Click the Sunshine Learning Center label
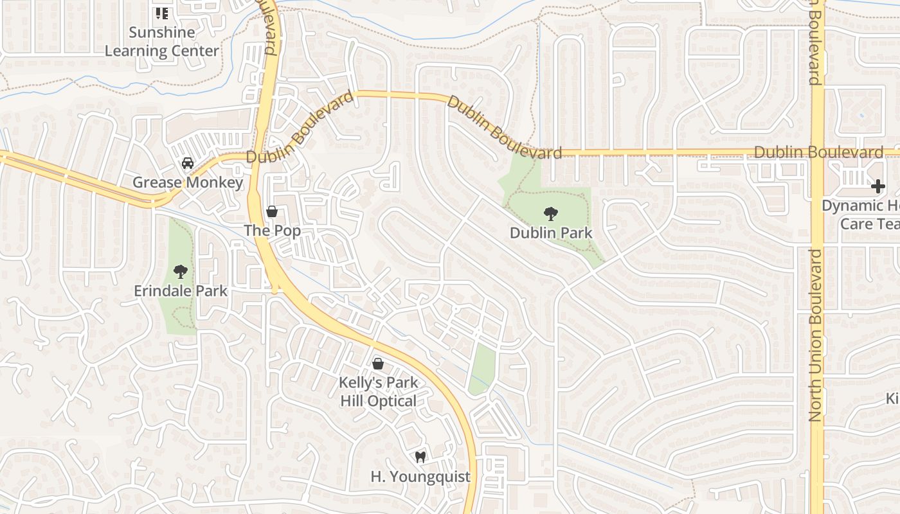tap(162, 41)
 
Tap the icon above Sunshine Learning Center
tap(162, 13)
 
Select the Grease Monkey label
tap(188, 182)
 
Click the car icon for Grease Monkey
tap(188, 163)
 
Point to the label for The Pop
tap(272, 231)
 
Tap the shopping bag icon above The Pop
tap(272, 211)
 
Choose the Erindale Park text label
tap(181, 291)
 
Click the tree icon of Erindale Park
tap(181, 272)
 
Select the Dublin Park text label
tap(551, 233)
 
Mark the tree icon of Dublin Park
tap(550, 213)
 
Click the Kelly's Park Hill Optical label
tap(378, 392)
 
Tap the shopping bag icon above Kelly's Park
tap(378, 364)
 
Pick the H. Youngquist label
tap(420, 477)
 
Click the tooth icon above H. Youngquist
tap(420, 457)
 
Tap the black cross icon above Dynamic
tap(878, 187)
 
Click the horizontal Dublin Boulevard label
tap(818, 152)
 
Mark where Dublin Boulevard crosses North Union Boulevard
tap(817, 154)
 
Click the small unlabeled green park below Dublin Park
tap(482, 370)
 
